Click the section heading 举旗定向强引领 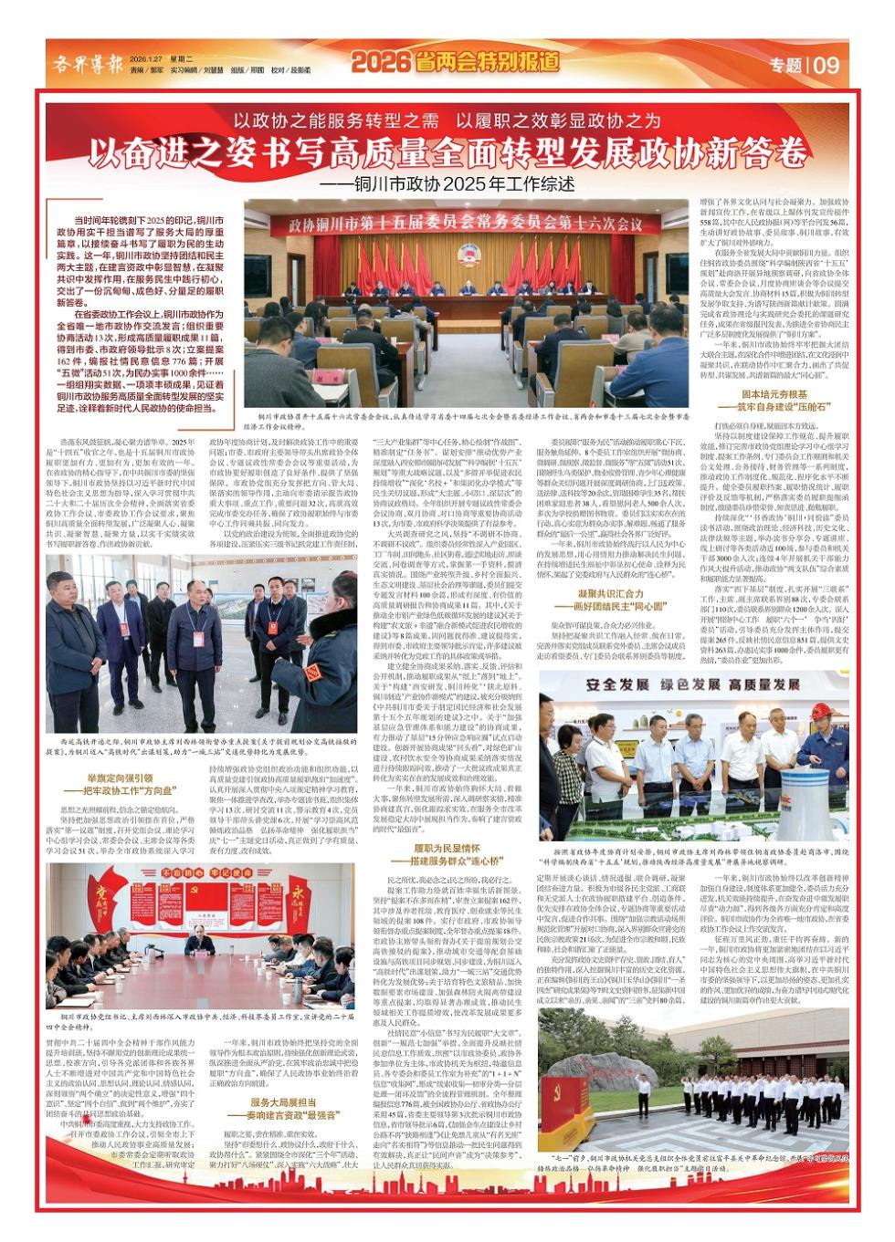[x=121, y=777]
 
